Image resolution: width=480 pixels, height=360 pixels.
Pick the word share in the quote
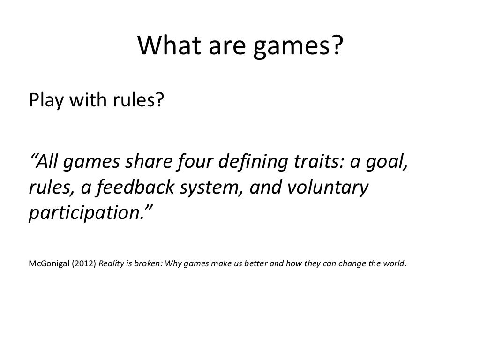pyautogui.click(x=150, y=163)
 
